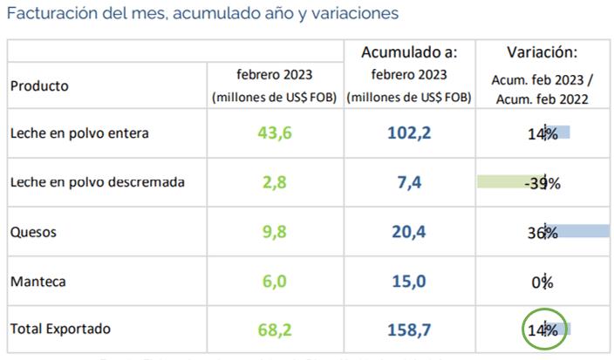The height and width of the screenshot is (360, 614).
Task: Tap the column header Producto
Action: [39, 86]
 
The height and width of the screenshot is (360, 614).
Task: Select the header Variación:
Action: [542, 52]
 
